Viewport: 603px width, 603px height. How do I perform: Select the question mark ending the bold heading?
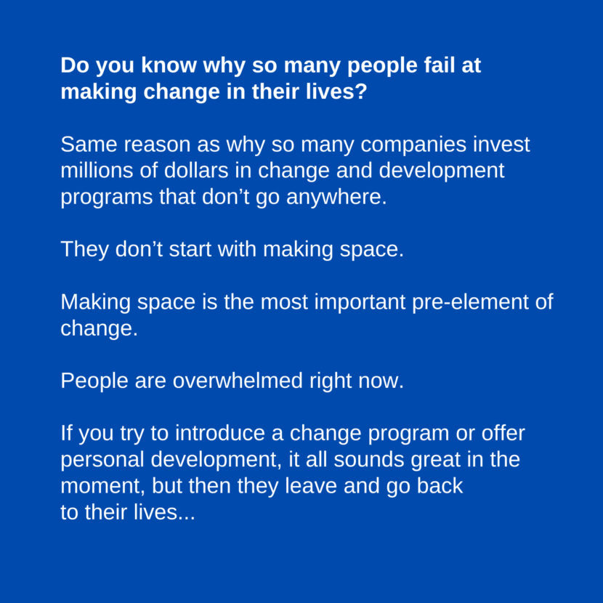coord(361,92)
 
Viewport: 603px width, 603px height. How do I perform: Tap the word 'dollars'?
coord(194,171)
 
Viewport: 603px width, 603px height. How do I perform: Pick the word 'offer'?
coord(501,434)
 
